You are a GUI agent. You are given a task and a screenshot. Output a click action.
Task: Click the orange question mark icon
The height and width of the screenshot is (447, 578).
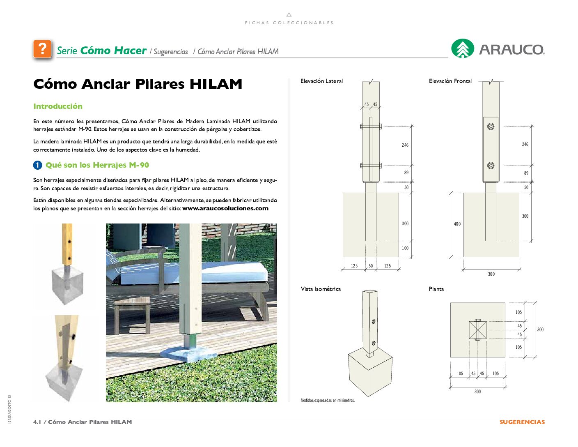coord(42,49)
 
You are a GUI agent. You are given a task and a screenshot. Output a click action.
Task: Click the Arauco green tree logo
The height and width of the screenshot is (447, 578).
coord(463,49)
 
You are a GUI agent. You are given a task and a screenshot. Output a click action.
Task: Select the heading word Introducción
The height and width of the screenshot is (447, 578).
coord(58,106)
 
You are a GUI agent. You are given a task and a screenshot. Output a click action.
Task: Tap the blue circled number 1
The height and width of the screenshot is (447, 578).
coord(37,165)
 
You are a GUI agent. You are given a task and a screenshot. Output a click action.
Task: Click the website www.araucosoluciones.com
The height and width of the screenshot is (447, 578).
coord(225,208)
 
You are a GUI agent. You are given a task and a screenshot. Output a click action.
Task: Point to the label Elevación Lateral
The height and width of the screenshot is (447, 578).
coord(321,81)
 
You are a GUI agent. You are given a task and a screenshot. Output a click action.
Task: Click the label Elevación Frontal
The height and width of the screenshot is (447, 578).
coord(450,81)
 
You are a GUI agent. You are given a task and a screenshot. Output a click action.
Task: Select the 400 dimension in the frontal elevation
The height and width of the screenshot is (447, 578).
coord(457,224)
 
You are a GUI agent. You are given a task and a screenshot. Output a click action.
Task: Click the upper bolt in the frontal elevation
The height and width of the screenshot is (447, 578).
coord(491,127)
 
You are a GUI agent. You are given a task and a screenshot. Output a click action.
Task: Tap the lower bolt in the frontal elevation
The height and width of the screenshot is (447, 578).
coord(491,166)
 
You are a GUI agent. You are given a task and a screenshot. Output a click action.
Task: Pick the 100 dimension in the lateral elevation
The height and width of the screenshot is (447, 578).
coord(405,248)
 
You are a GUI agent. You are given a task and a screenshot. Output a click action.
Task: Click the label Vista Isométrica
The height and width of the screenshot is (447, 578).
coord(321,289)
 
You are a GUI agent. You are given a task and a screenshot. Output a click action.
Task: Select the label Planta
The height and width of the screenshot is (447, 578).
coord(436,289)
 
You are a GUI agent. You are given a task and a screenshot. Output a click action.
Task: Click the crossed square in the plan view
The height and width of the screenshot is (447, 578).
coord(477,330)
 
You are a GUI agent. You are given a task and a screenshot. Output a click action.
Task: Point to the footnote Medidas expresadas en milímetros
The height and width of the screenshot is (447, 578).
coord(328,400)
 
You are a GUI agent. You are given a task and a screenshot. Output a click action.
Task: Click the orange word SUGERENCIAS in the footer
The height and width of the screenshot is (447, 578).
coord(522,422)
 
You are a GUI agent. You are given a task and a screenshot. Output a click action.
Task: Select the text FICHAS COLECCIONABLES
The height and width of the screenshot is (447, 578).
coord(289,23)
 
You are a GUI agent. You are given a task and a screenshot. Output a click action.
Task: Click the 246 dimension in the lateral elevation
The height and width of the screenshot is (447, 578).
coord(405,145)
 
